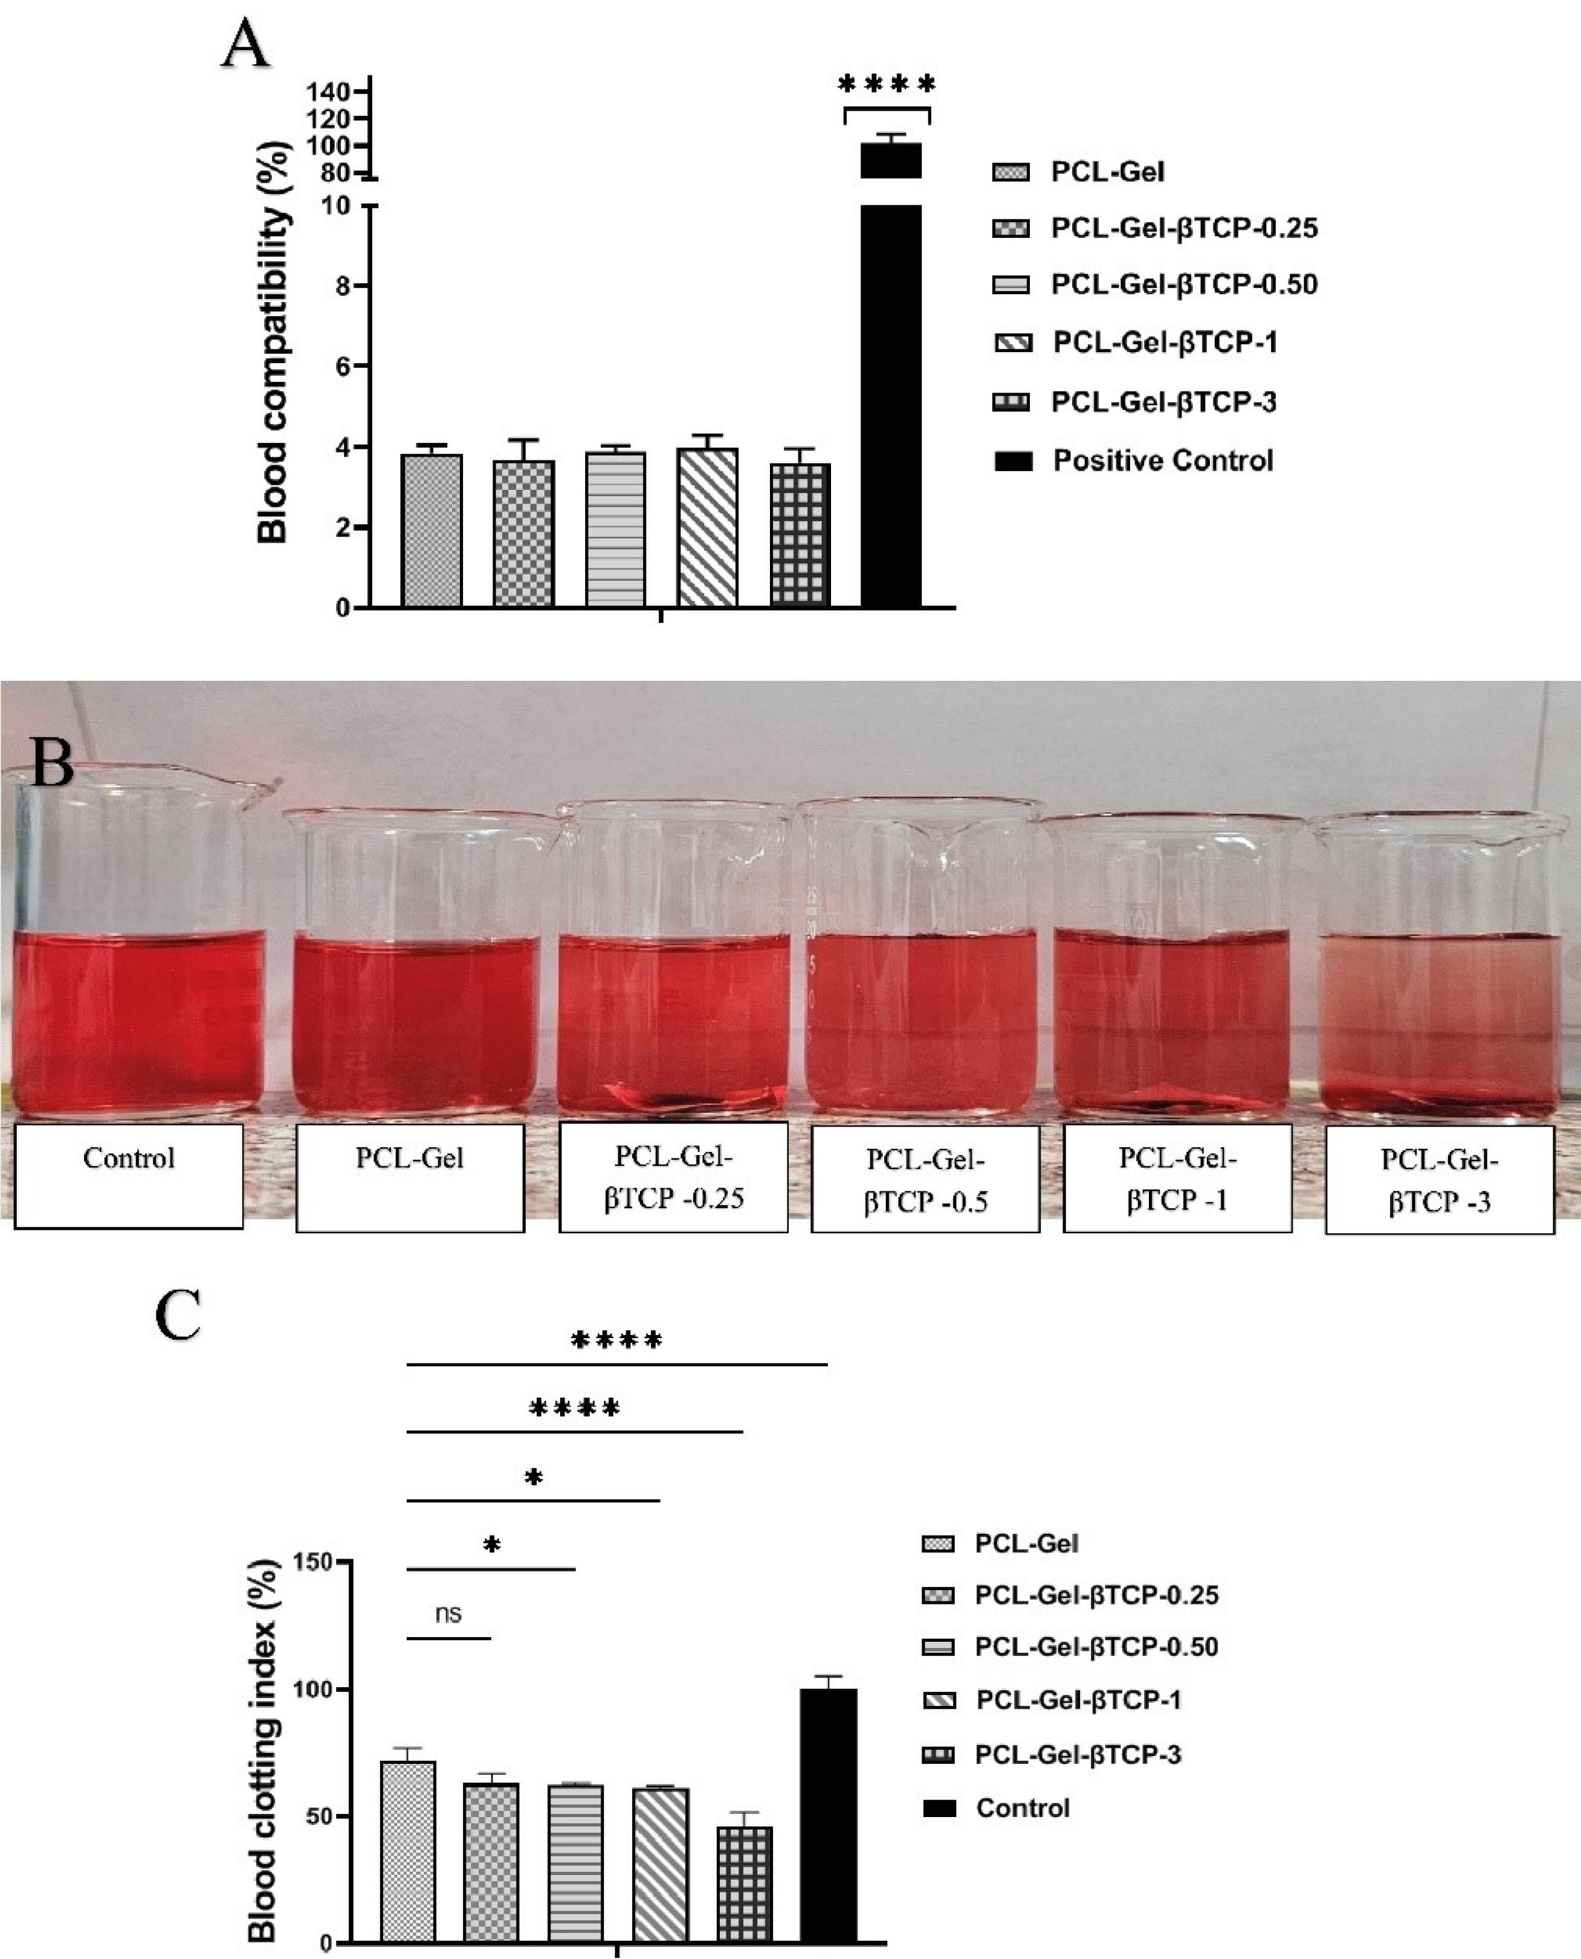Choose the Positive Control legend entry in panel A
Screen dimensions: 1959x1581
pos(1162,461)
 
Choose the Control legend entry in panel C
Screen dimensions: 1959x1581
pos(1022,1808)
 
